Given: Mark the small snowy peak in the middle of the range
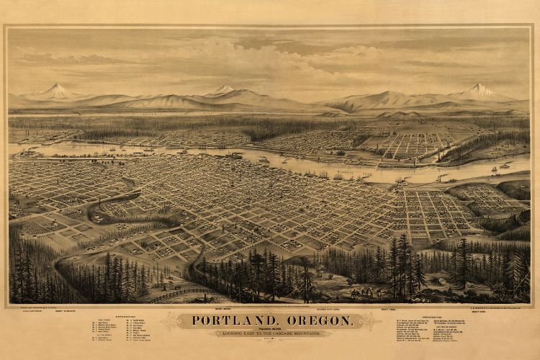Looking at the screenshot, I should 222,89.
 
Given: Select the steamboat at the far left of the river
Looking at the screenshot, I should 29,153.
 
